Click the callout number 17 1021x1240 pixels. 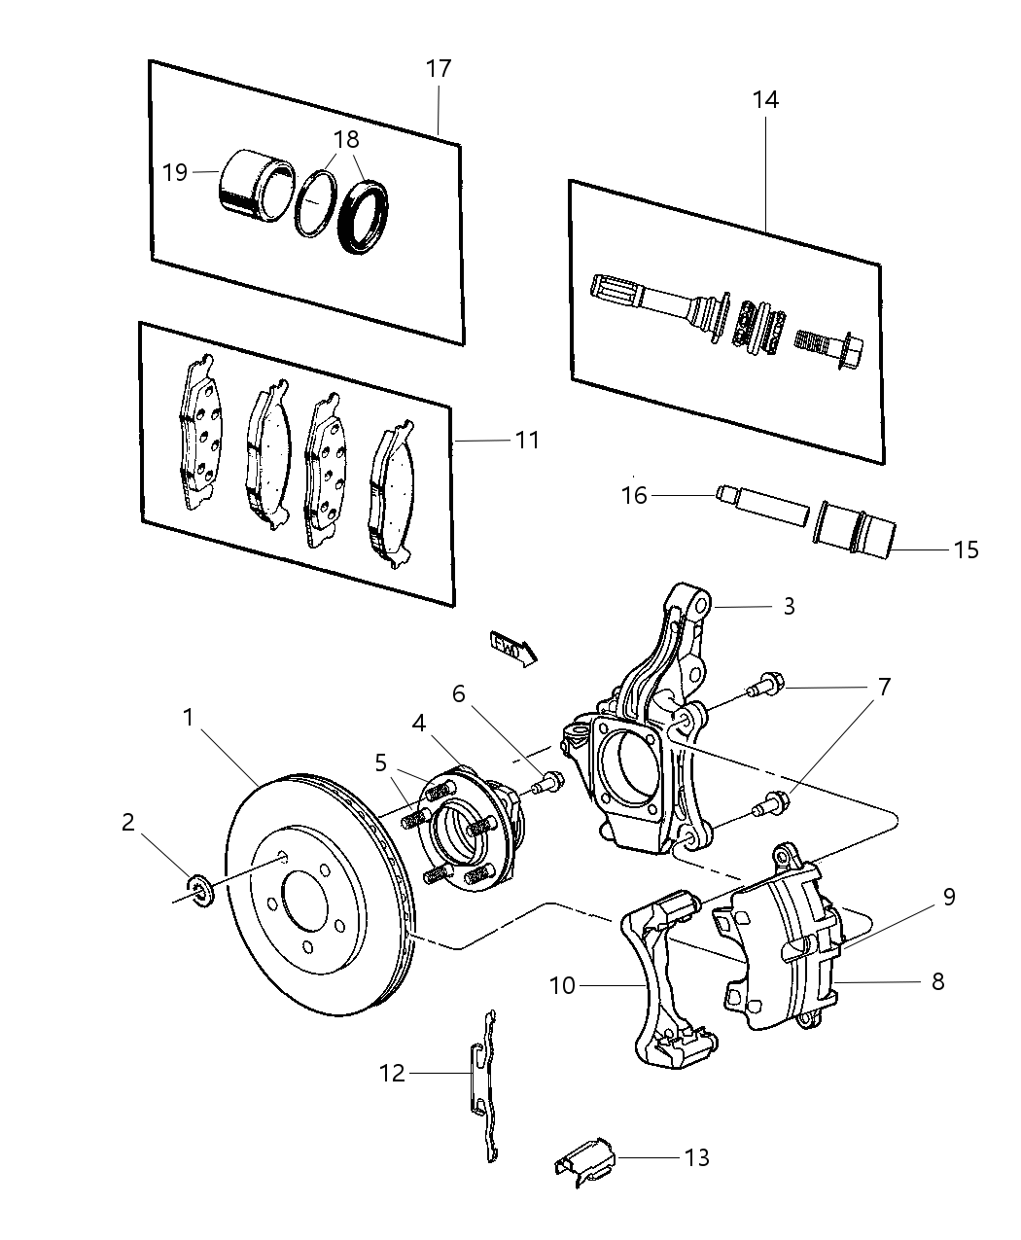(439, 69)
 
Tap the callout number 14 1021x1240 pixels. (764, 99)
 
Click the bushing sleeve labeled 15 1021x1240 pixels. (856, 530)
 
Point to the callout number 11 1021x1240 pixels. (526, 440)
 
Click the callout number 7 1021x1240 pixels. (883, 688)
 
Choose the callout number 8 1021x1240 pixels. (936, 981)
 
